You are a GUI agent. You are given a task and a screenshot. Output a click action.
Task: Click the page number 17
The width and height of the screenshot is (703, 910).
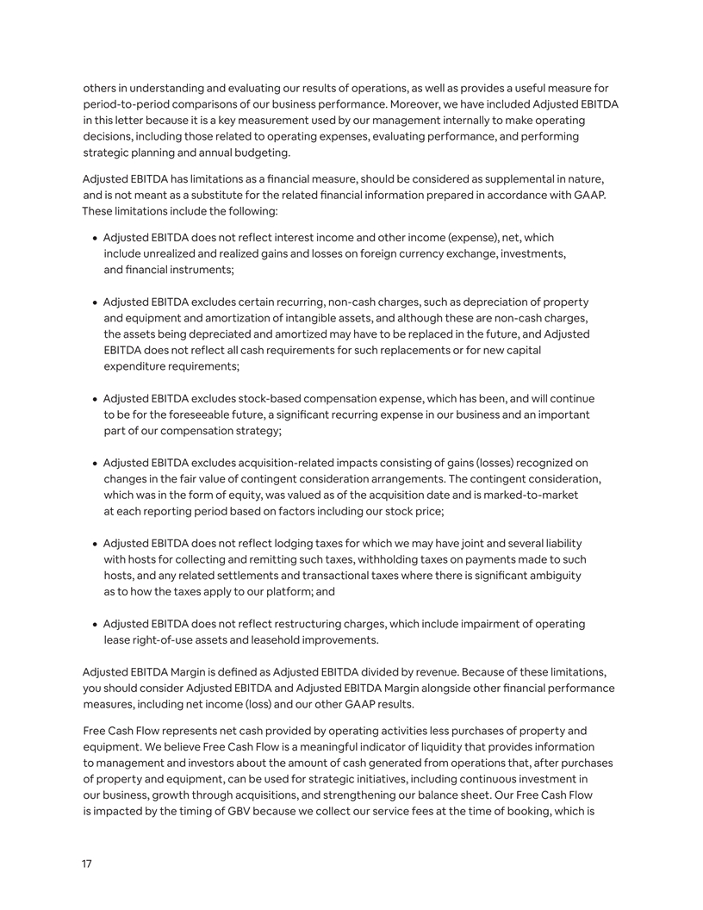[x=87, y=863]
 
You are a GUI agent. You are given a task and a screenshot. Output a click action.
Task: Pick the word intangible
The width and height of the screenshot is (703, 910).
[x=349, y=317]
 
